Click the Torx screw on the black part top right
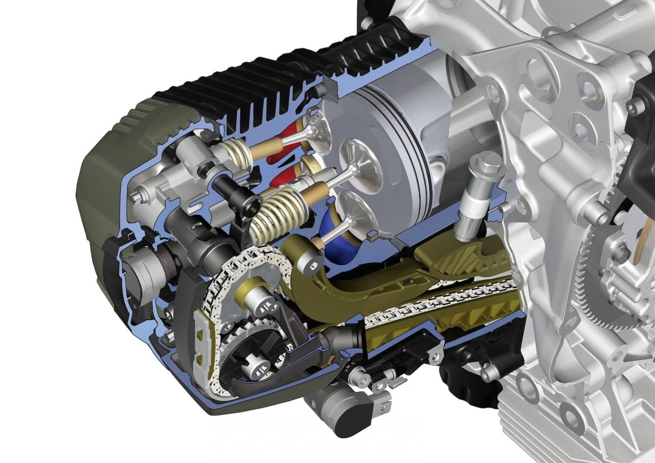point(638,104)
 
